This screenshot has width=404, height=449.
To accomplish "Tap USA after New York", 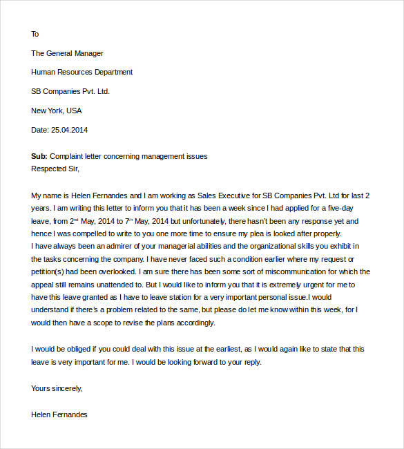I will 75,111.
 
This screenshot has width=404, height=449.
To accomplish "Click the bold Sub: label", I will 39,156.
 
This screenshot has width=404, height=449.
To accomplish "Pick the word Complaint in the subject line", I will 68,156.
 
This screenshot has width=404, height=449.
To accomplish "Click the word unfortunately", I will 202,221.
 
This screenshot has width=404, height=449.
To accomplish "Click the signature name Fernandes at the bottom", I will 70,414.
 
